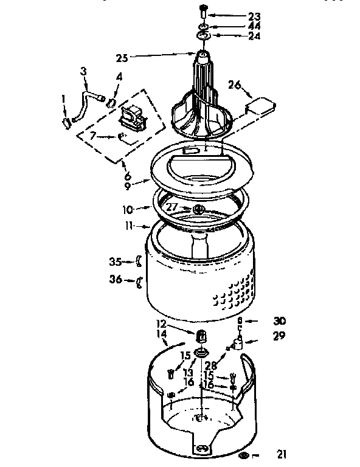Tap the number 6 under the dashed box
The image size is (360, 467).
coord(127,176)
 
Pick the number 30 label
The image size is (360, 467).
coord(279,321)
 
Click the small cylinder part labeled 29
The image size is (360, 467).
coord(240,344)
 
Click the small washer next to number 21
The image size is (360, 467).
coord(244,454)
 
